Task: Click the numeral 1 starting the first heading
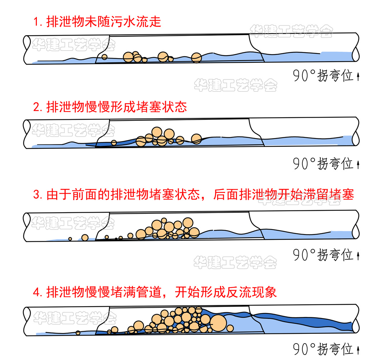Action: [35, 22]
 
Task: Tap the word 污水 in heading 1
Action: [121, 22]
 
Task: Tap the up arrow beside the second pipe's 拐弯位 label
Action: [358, 164]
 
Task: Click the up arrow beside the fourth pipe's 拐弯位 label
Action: [358, 349]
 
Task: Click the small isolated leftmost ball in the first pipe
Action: [104, 57]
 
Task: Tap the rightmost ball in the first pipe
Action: [196, 57]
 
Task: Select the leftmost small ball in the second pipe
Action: [114, 142]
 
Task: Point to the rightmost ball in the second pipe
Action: [196, 139]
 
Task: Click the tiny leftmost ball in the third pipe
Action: [70, 239]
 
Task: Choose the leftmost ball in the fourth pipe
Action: [78, 333]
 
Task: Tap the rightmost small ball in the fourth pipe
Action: [230, 328]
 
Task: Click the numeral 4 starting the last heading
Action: [35, 292]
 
